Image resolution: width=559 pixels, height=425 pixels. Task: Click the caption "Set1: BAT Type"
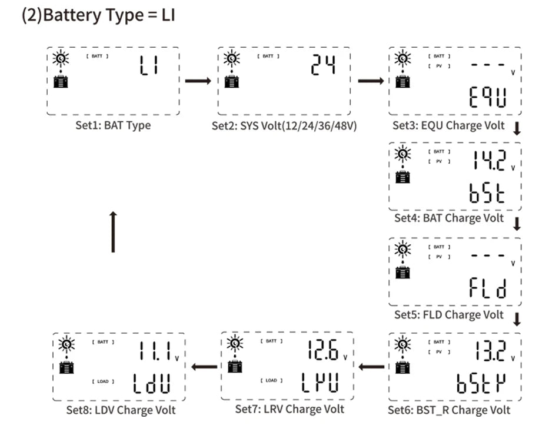(113, 125)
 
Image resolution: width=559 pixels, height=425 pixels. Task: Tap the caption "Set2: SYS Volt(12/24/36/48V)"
(284, 126)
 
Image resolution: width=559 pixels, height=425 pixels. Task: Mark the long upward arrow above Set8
(113, 232)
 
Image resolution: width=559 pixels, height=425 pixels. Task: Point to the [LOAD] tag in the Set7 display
(271, 381)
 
